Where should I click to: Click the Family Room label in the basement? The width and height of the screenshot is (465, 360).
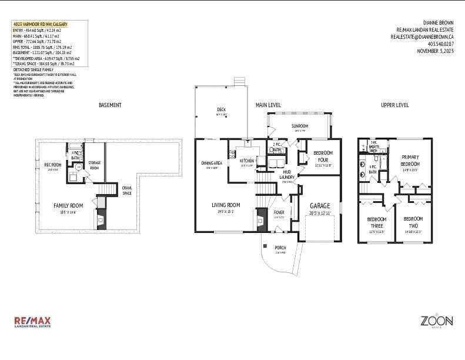(x=68, y=205)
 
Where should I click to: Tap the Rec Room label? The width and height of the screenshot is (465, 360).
(x=53, y=165)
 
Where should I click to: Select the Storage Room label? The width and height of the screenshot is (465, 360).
(x=94, y=165)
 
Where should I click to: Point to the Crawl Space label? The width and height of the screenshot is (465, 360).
(x=126, y=190)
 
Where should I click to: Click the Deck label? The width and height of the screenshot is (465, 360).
(x=221, y=109)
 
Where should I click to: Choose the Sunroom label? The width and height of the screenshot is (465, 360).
(x=300, y=126)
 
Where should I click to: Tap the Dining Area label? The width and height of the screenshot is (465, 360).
(x=211, y=163)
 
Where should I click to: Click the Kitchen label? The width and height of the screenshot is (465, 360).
(x=246, y=161)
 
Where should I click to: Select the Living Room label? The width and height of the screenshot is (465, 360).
(x=226, y=205)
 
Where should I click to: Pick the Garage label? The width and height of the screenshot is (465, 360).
(x=320, y=205)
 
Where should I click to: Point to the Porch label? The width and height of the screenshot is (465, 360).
(x=280, y=248)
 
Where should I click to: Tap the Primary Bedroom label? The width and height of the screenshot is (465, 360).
(x=410, y=160)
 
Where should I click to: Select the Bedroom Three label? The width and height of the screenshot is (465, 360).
(x=376, y=222)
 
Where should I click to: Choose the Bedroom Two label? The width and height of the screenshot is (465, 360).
(x=413, y=222)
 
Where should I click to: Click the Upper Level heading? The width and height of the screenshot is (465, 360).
(x=394, y=105)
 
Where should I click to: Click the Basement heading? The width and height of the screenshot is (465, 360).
(x=110, y=105)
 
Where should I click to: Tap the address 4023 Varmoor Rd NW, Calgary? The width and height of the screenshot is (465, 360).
(x=40, y=24)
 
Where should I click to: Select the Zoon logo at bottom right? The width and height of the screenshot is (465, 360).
(x=436, y=322)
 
